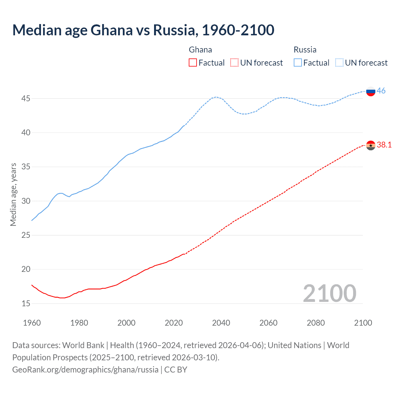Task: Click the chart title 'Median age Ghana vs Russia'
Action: click(x=143, y=30)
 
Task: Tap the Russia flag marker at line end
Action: click(x=371, y=91)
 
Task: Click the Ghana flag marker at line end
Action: click(x=371, y=145)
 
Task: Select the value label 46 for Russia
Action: click(x=381, y=91)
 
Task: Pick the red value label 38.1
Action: click(x=384, y=145)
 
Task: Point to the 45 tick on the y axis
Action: click(x=26, y=99)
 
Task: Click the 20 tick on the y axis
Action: click(x=26, y=269)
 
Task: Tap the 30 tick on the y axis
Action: click(x=26, y=201)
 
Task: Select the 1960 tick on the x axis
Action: click(x=32, y=323)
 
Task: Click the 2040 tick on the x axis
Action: click(x=221, y=323)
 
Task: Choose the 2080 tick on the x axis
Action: click(x=316, y=323)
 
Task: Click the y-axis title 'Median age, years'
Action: click(x=13, y=194)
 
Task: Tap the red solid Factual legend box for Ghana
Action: click(x=193, y=63)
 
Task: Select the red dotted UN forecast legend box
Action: click(x=234, y=63)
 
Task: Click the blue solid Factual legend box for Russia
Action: click(x=298, y=63)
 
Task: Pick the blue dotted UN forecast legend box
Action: click(x=339, y=63)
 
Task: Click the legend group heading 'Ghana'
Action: click(x=200, y=50)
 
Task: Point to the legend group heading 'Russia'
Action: click(x=305, y=50)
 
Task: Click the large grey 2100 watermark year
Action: click(x=329, y=293)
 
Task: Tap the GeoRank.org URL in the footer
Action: click(x=85, y=370)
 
